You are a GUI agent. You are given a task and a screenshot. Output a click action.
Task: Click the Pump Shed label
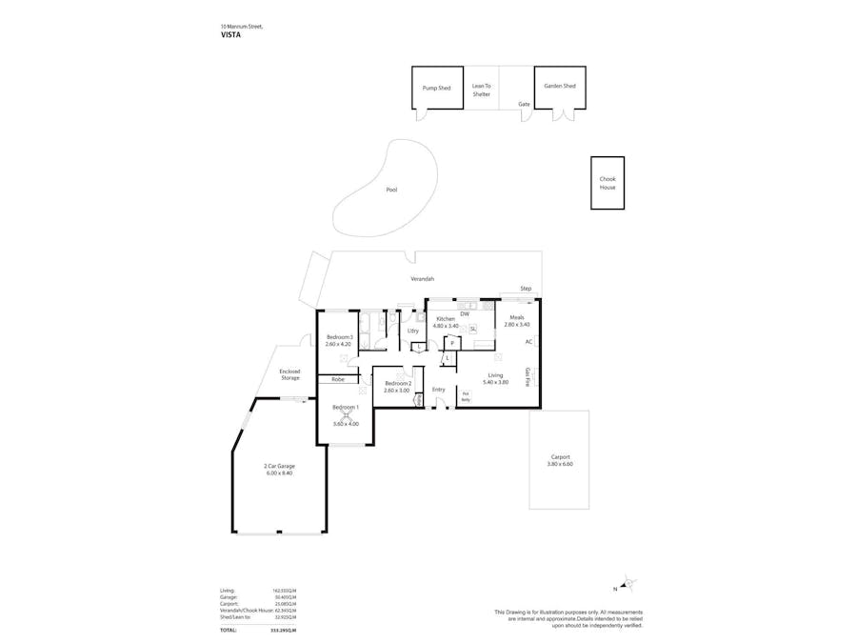tap(436, 87)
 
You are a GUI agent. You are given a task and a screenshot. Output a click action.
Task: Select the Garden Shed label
tap(559, 86)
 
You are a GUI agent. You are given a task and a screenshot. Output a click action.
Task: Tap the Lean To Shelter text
tap(481, 90)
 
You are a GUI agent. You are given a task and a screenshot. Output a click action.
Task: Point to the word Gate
tap(523, 104)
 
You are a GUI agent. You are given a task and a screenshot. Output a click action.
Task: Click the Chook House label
tap(607, 183)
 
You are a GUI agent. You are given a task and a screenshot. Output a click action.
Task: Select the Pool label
tap(390, 190)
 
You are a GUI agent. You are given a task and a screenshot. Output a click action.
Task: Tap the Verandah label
tap(422, 279)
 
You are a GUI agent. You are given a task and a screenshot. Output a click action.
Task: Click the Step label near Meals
tap(525, 289)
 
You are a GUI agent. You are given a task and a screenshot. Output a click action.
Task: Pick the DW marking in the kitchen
tap(464, 313)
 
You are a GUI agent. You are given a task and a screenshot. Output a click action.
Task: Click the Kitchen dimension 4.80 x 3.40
tap(446, 326)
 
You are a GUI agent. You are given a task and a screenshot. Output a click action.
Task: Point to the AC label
tap(528, 341)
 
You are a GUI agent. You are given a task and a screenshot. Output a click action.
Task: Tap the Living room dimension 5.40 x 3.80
tap(494, 382)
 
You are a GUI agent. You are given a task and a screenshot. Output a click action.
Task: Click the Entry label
tap(438, 389)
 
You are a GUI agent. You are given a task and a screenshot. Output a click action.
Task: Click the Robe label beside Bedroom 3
tap(337, 379)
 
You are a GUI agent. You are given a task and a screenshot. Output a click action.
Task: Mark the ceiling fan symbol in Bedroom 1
tap(347, 413)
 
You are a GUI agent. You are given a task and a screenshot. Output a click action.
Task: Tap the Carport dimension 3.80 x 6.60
tap(560, 464)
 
